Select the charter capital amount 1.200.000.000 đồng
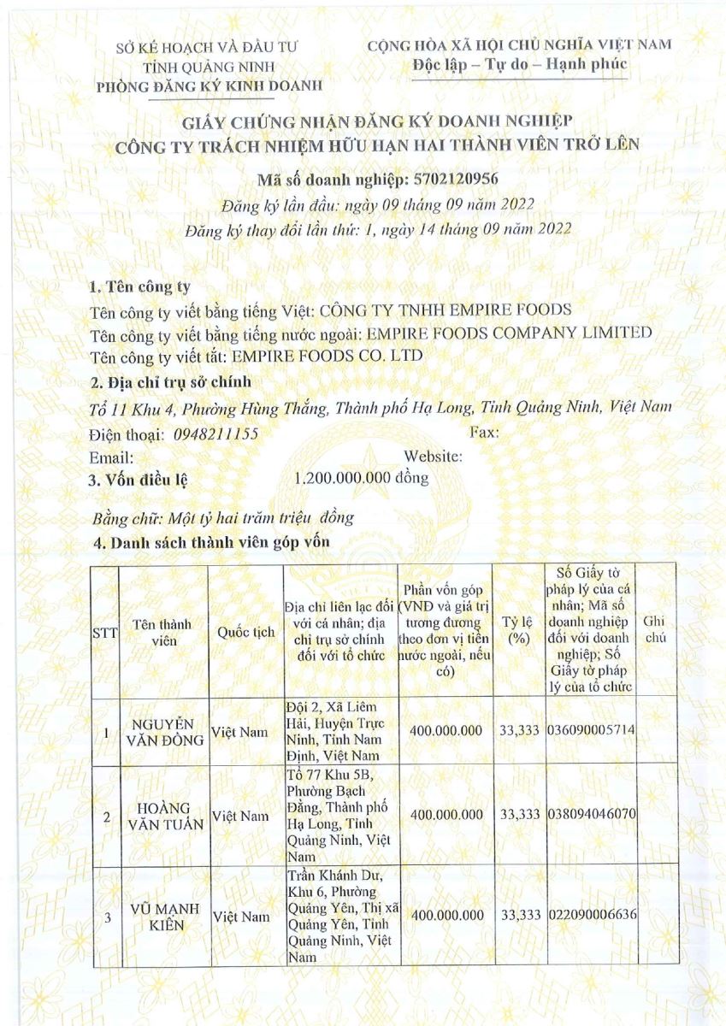[361, 478]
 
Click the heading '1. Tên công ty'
[141, 286]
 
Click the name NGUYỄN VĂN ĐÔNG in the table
[162, 732]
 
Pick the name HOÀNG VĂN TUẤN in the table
[162, 816]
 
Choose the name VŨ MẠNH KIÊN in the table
[162, 917]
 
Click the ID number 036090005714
[590, 733]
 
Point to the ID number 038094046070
[590, 816]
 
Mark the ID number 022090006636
[590, 916]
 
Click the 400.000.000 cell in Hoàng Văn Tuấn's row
[446, 816]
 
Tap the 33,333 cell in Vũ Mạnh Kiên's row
[520, 916]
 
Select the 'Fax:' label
[485, 433]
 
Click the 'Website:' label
[433, 457]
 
